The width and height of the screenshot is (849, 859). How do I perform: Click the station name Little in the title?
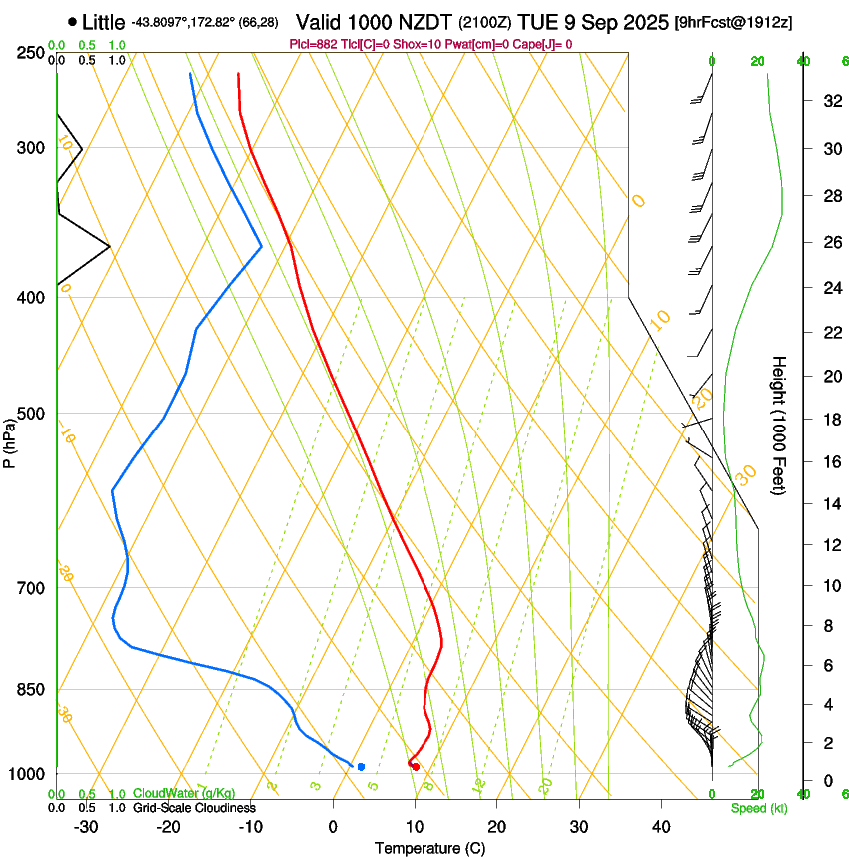coord(104,21)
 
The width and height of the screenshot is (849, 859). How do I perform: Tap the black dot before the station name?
coord(72,21)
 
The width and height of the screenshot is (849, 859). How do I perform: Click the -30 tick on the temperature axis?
coord(86,827)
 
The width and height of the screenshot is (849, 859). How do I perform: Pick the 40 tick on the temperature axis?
coord(660,827)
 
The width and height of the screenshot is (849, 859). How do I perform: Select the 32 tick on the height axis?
coord(829,100)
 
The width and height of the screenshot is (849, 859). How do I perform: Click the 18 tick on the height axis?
coord(829,420)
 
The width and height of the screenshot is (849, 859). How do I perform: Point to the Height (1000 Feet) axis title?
coord(779,426)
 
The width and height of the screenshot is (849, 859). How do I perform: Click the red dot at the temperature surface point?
coord(415,766)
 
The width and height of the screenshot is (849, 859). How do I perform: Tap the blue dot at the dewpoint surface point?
coord(361,766)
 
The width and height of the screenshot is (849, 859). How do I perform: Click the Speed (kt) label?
coord(758,808)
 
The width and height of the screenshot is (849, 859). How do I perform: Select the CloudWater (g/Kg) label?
coord(184,794)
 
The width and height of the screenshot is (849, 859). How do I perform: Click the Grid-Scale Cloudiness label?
coord(194,808)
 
